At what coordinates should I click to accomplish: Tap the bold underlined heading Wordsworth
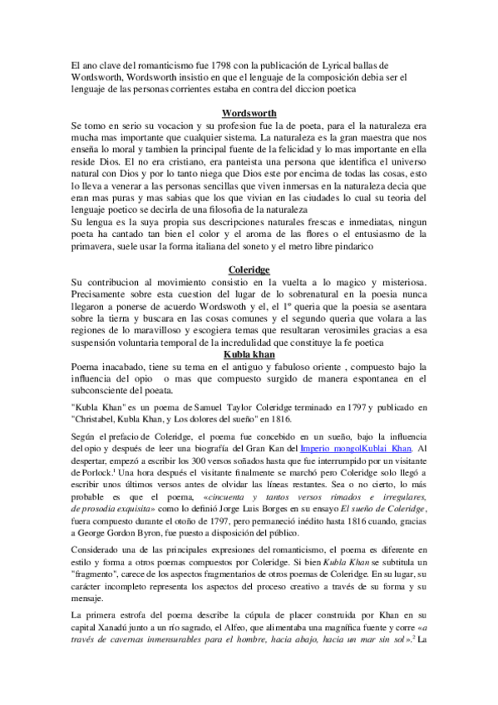(x=249, y=112)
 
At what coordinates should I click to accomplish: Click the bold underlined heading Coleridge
(x=249, y=269)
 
